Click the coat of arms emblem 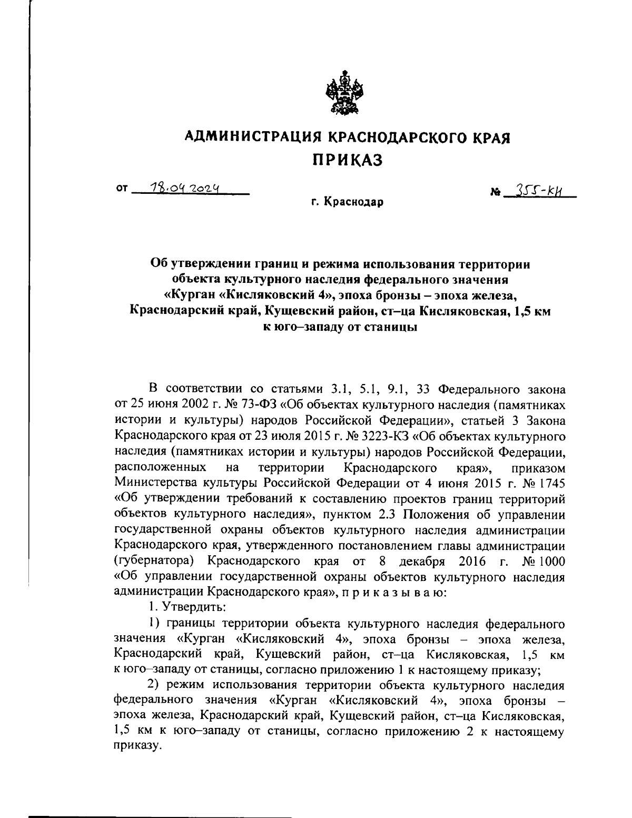(341, 93)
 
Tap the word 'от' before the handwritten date (122, 189)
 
